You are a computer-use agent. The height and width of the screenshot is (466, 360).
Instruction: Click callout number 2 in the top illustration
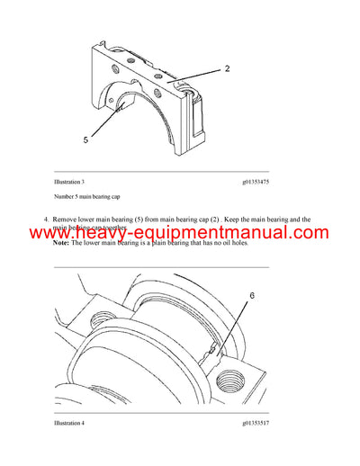[x=227, y=67]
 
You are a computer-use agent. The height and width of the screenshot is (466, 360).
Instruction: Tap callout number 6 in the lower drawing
[x=253, y=295]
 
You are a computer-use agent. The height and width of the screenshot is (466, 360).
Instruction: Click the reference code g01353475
[x=254, y=182]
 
